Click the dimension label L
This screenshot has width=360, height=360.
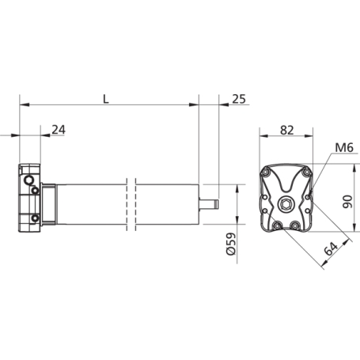(106, 99)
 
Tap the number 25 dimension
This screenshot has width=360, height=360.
(239, 99)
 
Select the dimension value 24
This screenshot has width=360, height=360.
(59, 130)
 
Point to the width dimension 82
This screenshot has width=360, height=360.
(287, 131)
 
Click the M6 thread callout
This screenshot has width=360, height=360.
(344, 148)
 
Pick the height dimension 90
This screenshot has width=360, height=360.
(347, 202)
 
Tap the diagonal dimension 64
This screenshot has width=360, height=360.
(331, 248)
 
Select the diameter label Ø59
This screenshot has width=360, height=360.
(231, 244)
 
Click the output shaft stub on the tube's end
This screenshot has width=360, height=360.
(209, 204)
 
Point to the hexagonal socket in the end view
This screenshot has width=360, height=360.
(286, 204)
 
